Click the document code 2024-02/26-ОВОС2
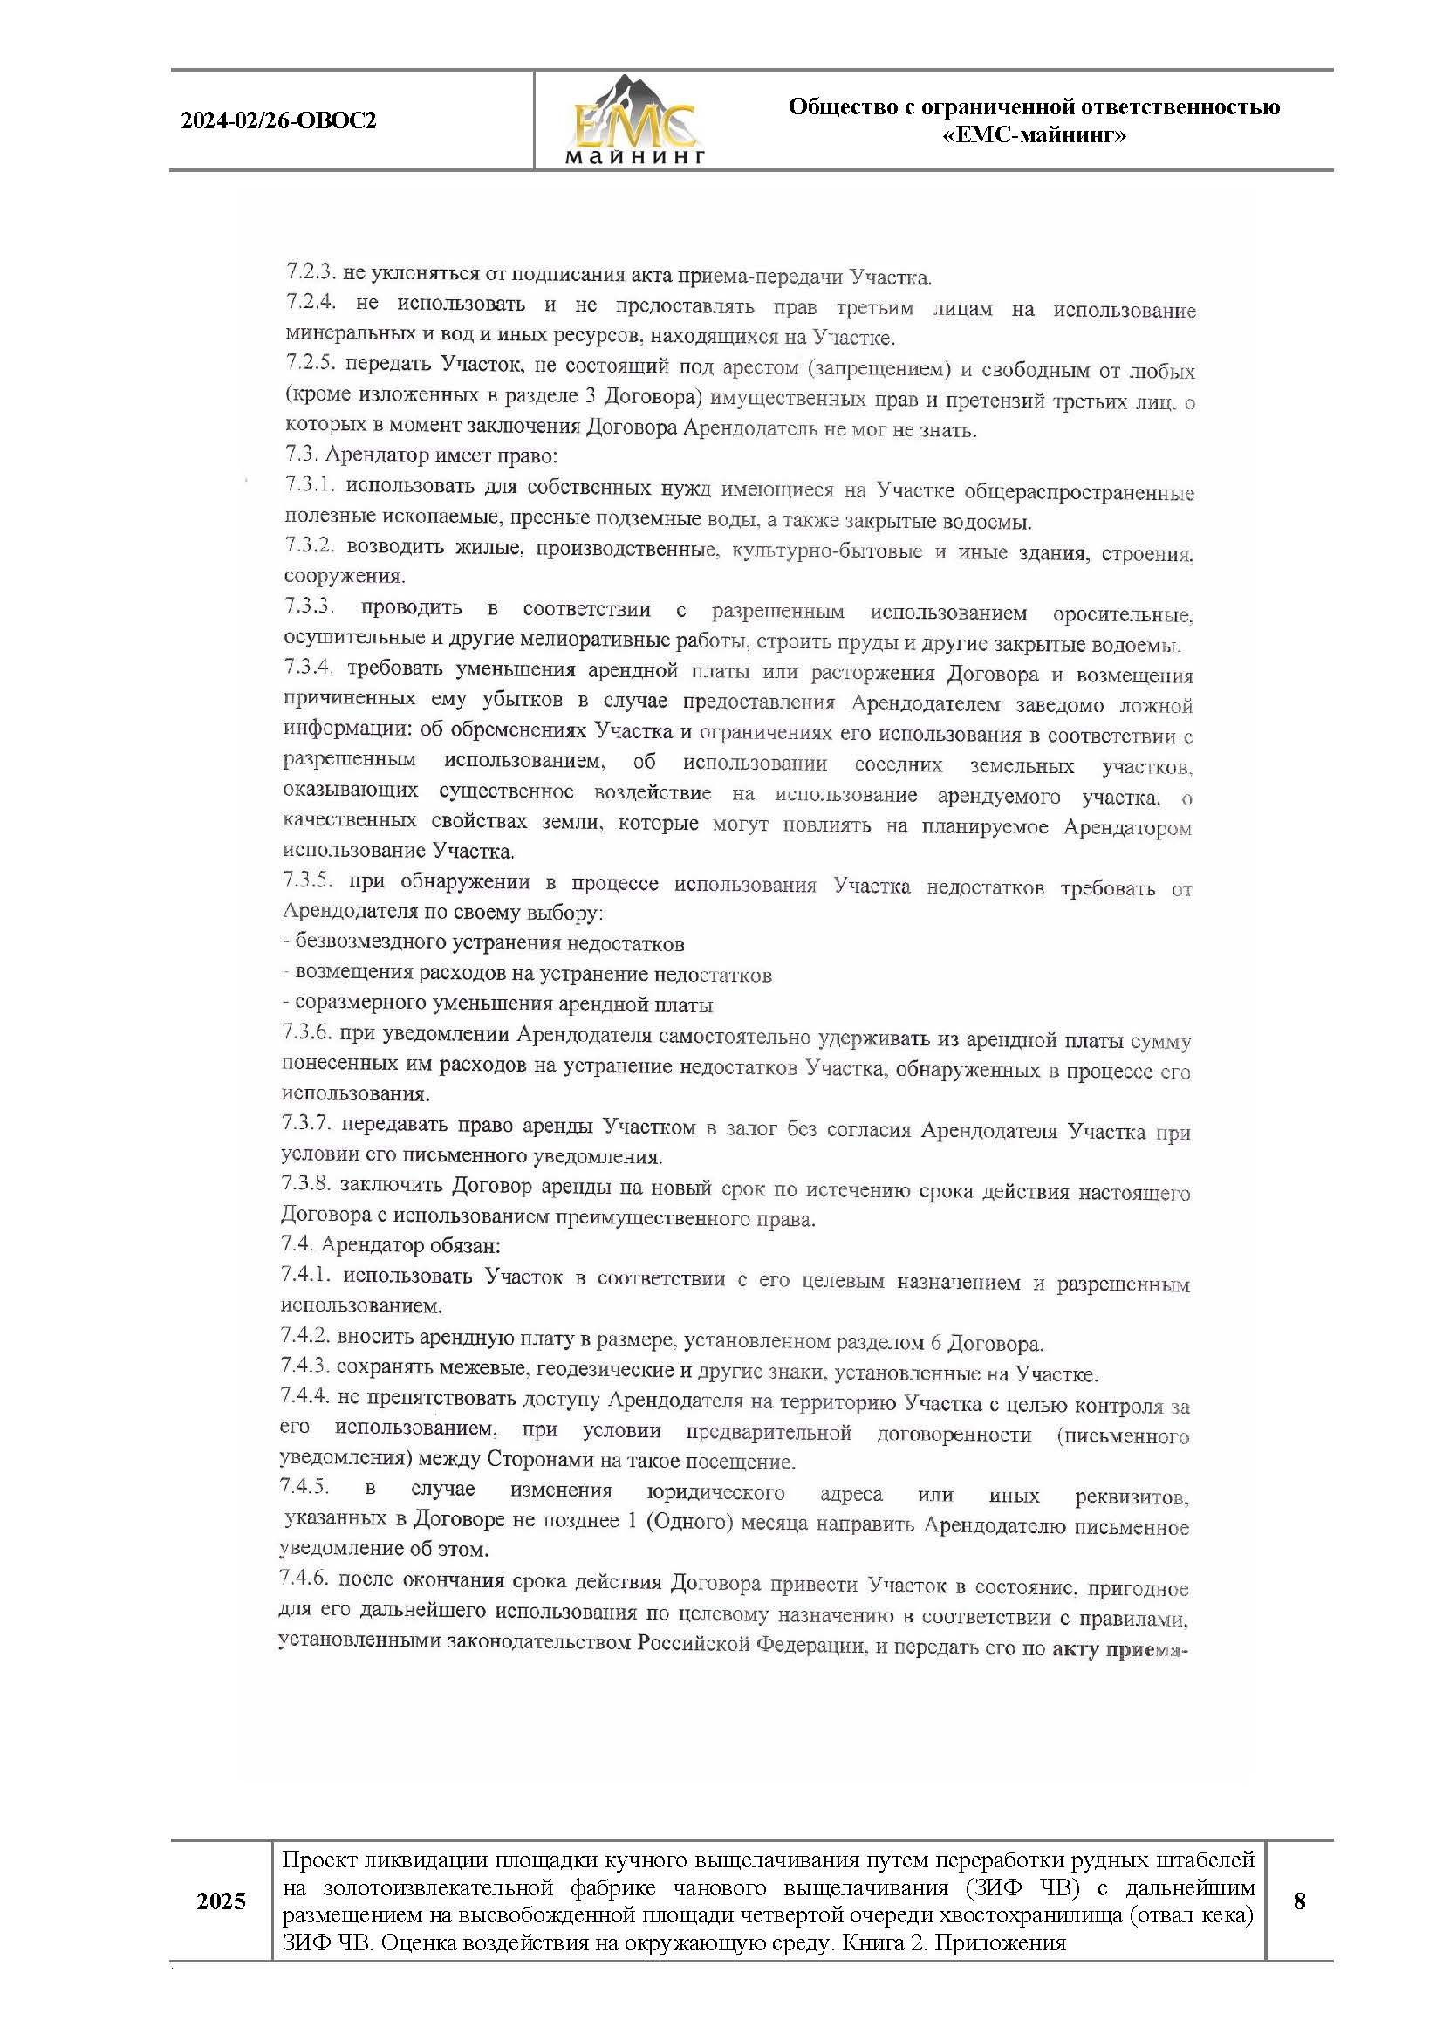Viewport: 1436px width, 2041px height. click(278, 121)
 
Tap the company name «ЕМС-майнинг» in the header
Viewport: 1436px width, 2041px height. click(1034, 136)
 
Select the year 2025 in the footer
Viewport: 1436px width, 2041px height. click(222, 1901)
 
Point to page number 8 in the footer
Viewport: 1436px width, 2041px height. click(1299, 1901)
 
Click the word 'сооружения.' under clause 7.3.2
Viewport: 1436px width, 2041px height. click(344, 576)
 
